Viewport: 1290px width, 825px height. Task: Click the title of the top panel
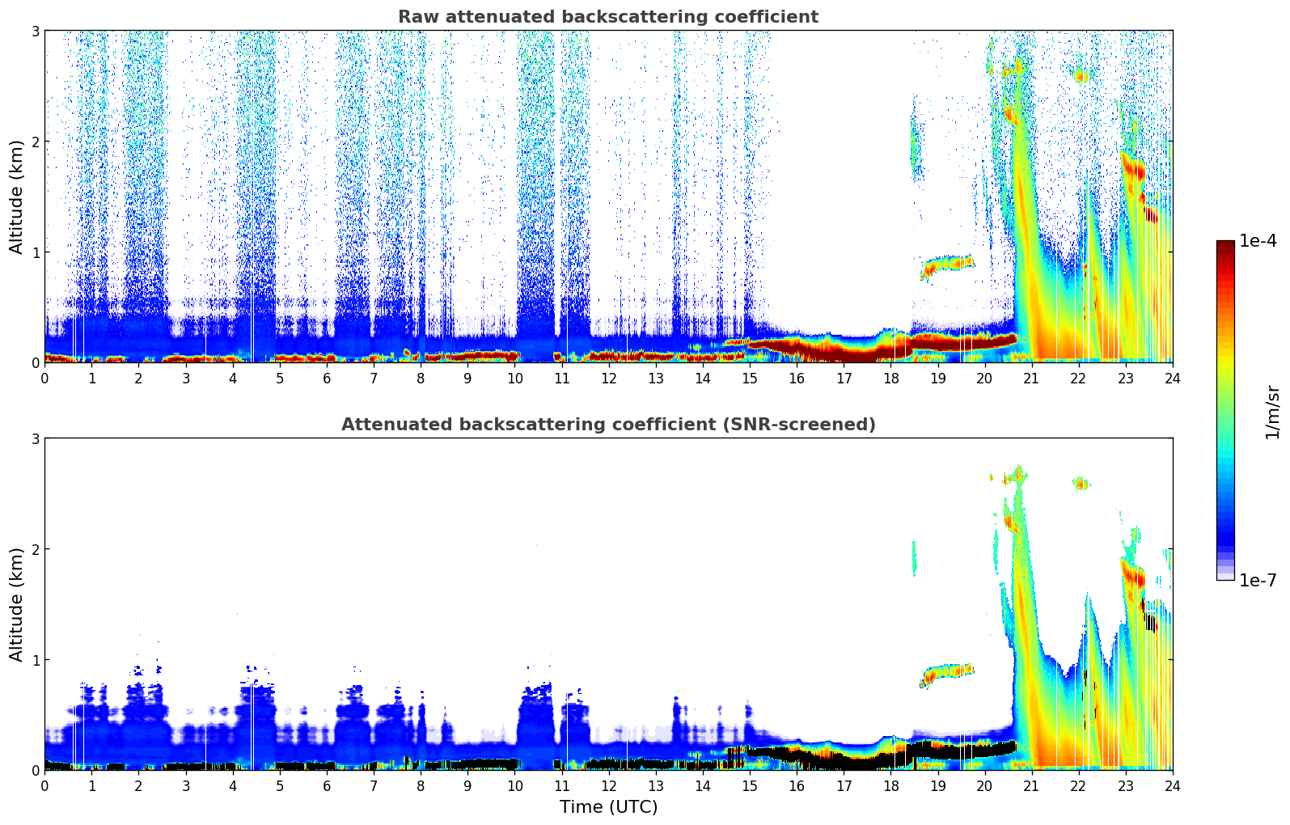(x=608, y=17)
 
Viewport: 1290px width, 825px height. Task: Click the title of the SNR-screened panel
(x=608, y=425)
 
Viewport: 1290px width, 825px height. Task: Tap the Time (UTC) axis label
(x=608, y=807)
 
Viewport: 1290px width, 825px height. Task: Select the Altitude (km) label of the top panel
(x=16, y=197)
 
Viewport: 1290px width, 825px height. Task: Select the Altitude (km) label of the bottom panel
(x=16, y=604)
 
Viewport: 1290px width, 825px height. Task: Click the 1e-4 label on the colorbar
(x=1258, y=241)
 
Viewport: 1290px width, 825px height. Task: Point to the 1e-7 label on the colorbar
(x=1258, y=581)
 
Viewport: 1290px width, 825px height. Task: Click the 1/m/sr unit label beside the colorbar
(x=1272, y=412)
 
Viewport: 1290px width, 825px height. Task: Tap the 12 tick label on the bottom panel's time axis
(x=608, y=786)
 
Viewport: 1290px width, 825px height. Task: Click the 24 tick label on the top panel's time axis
(x=1172, y=379)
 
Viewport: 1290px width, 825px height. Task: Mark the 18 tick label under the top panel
(x=890, y=379)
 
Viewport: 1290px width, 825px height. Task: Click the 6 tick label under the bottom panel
(x=327, y=786)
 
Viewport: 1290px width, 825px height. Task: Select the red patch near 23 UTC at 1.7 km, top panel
(x=1133, y=169)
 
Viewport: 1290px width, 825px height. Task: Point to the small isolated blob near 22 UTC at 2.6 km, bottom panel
(x=1081, y=484)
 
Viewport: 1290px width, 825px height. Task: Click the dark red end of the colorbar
(x=1224, y=246)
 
